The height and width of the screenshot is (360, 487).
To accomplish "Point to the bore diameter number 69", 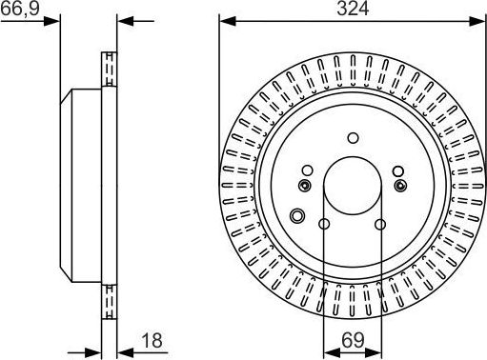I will tap(352, 338).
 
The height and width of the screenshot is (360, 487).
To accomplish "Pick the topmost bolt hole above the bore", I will tap(352, 136).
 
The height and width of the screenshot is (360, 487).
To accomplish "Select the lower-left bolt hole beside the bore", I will tap(324, 225).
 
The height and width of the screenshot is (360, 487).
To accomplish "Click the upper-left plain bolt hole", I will tap(307, 171).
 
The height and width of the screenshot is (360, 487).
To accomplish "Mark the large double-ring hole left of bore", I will tap(297, 215).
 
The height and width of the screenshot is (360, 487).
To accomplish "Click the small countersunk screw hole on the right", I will tap(398, 185).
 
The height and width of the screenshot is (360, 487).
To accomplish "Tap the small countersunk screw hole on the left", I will tap(305, 185).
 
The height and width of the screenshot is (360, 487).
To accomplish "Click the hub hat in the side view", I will tap(81, 181).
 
